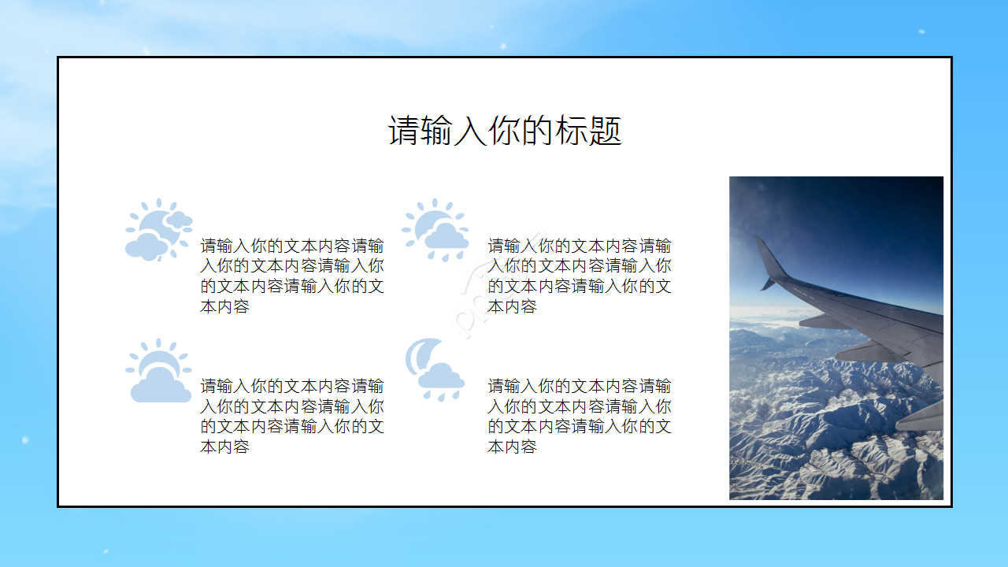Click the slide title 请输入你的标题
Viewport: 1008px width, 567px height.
505,131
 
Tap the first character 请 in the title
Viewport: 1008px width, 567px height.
402,131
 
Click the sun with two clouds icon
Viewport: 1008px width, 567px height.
158,230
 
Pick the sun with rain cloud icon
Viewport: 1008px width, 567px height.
435,230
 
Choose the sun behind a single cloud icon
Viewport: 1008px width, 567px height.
158,371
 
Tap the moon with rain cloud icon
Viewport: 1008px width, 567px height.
435,370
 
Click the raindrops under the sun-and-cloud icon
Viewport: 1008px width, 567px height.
445,255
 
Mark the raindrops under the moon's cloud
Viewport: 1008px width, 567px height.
441,394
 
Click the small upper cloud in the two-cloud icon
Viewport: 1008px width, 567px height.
179,220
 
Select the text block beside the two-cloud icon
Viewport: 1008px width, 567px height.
291,276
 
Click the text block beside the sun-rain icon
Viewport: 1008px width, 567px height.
579,276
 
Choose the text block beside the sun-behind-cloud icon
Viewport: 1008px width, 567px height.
291,416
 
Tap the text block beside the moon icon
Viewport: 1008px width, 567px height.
579,416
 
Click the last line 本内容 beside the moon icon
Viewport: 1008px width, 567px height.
512,447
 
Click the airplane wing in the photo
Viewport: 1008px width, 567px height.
874,323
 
